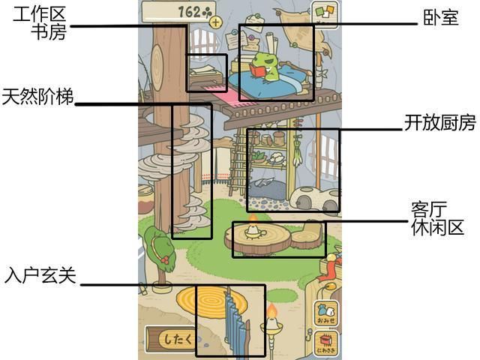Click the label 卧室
point(441,17)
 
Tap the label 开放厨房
point(440,122)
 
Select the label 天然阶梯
point(38,97)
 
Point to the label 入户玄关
point(40,275)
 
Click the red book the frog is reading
point(258,71)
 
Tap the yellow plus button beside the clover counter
point(216,22)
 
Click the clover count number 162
point(190,12)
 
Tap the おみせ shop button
point(325,312)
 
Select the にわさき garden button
point(325,343)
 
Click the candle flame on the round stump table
point(253,218)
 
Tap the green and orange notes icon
point(325,13)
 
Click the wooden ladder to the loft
point(238,162)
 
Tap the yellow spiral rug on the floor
point(211,301)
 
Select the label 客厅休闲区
point(437,218)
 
